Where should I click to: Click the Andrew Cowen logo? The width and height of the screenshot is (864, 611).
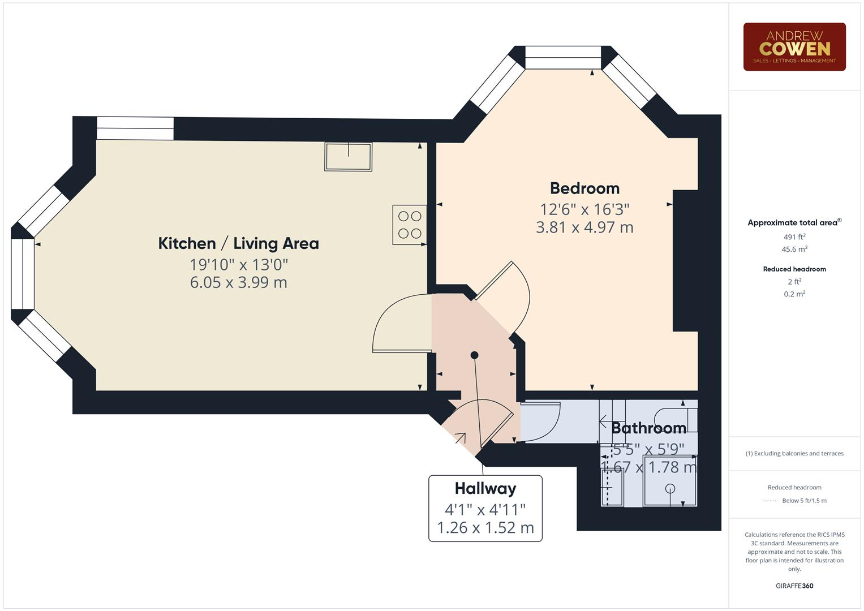coord(794,47)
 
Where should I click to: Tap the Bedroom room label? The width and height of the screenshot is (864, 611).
coord(584,188)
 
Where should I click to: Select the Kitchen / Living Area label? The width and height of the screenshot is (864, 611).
coord(238,244)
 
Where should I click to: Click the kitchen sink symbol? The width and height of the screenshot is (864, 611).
coord(348,156)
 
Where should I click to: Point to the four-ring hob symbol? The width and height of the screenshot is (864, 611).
coord(410,225)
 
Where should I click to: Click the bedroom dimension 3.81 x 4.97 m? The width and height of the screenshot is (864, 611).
coord(584,227)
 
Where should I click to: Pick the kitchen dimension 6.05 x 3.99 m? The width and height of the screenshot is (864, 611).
coord(238,282)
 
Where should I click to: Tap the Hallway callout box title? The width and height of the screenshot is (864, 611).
coord(485,489)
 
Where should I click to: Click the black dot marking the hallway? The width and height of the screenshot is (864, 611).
coord(474,355)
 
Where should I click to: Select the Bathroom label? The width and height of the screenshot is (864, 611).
coord(648,428)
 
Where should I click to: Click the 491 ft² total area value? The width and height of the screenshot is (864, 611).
coord(794,237)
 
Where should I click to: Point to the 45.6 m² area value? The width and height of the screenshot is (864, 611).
coord(794,249)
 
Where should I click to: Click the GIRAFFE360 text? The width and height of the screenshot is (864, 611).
coord(794,586)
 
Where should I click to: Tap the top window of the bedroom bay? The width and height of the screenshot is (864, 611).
coord(562,58)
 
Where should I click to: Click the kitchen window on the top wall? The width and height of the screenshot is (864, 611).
coord(135,128)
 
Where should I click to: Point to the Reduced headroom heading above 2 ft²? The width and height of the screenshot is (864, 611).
coord(794,269)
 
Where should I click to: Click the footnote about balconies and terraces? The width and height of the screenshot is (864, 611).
coord(794,454)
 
